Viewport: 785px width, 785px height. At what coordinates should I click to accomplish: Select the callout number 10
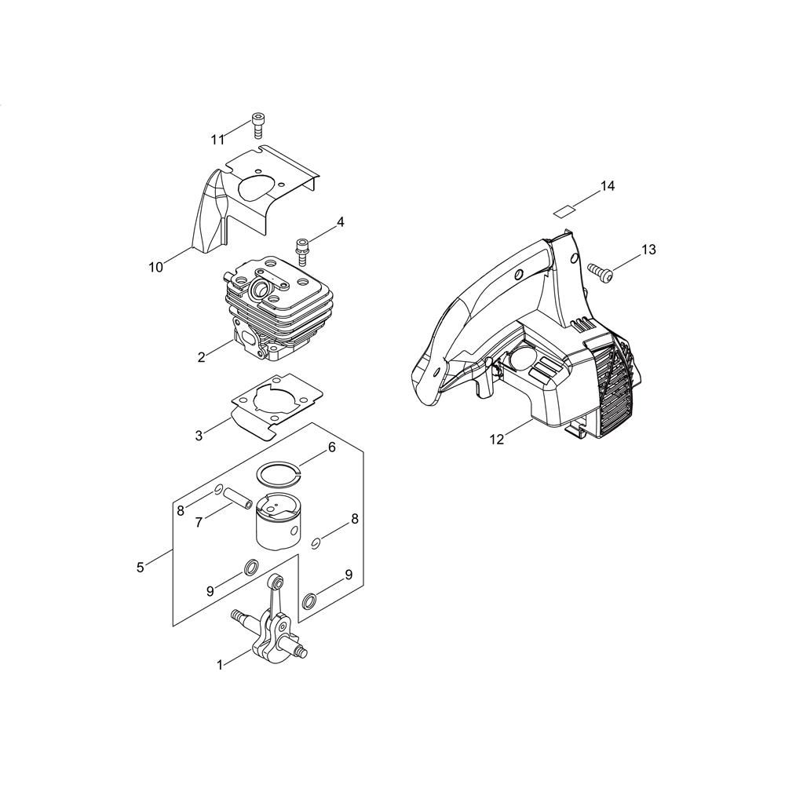tap(155, 268)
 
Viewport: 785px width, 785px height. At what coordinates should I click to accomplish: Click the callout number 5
tap(141, 568)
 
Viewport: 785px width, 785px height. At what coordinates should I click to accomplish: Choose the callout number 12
tap(497, 440)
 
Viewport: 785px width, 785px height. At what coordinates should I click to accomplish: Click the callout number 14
tap(608, 186)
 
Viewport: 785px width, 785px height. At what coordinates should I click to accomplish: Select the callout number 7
tap(199, 522)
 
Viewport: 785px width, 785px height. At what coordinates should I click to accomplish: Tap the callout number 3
tap(199, 436)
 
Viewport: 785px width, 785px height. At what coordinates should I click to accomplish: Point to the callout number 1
tap(219, 665)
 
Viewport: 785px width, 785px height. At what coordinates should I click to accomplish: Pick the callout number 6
tap(332, 447)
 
